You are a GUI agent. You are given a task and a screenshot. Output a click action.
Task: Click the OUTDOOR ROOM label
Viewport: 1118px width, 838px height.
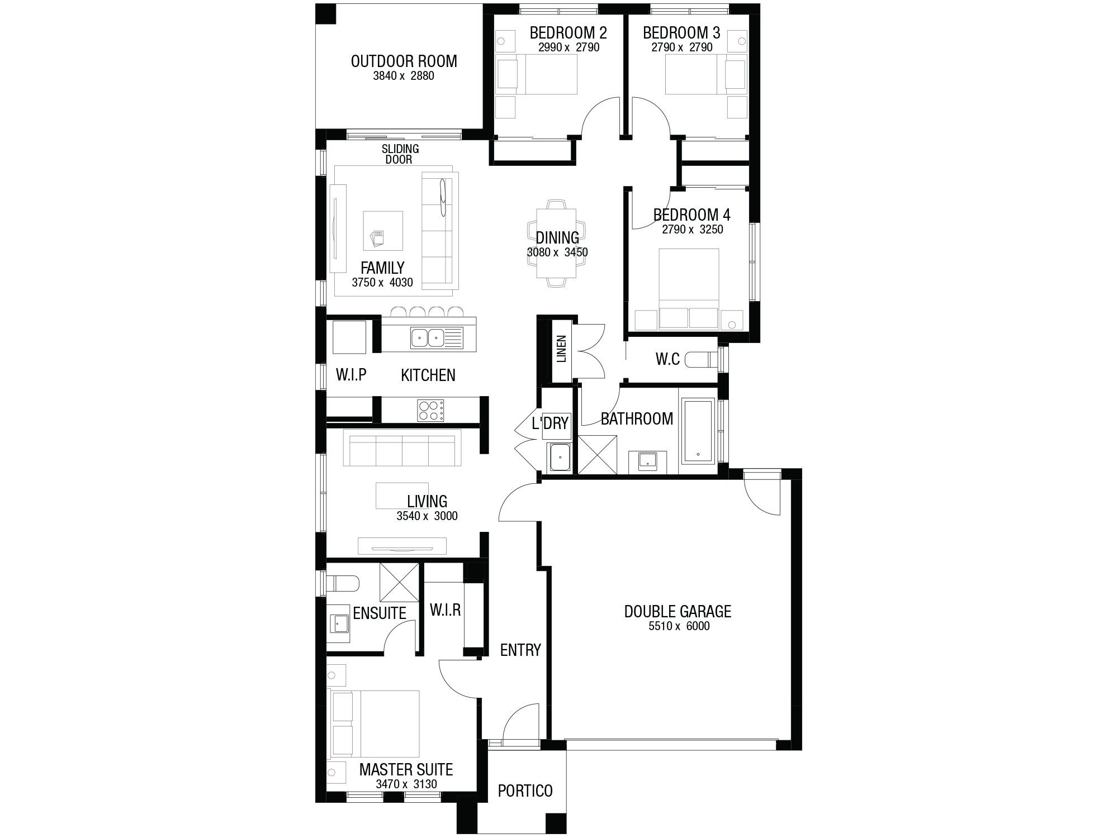[x=404, y=61]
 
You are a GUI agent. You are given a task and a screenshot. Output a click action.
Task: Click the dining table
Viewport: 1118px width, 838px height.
[x=556, y=243]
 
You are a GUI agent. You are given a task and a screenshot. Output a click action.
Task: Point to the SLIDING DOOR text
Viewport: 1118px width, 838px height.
[x=400, y=154]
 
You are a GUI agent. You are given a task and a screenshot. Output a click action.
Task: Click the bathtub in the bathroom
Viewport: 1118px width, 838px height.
[x=698, y=430]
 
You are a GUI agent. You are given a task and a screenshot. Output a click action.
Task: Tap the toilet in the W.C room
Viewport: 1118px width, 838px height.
[x=702, y=359]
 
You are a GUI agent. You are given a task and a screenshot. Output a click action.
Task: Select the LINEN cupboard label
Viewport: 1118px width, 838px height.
[x=562, y=349]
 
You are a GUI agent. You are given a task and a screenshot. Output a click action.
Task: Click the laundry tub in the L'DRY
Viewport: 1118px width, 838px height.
[x=560, y=457]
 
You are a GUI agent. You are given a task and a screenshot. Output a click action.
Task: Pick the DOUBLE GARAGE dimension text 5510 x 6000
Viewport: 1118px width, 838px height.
[x=679, y=626]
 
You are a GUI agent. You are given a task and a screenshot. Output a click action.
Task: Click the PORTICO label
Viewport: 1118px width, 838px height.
[x=525, y=791]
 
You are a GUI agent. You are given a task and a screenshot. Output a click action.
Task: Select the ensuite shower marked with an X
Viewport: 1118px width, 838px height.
[x=399, y=583]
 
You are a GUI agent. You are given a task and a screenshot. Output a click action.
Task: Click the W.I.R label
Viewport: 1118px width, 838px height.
[x=445, y=610]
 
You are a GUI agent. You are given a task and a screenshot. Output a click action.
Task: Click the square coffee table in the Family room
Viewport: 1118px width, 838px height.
[x=383, y=231]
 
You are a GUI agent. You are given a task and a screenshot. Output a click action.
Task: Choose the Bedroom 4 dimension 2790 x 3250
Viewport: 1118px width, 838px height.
[x=693, y=230]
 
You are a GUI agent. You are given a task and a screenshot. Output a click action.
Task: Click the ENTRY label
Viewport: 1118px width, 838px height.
[x=520, y=650]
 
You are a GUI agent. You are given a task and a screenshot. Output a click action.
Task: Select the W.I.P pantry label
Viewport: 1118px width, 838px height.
[x=351, y=374]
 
